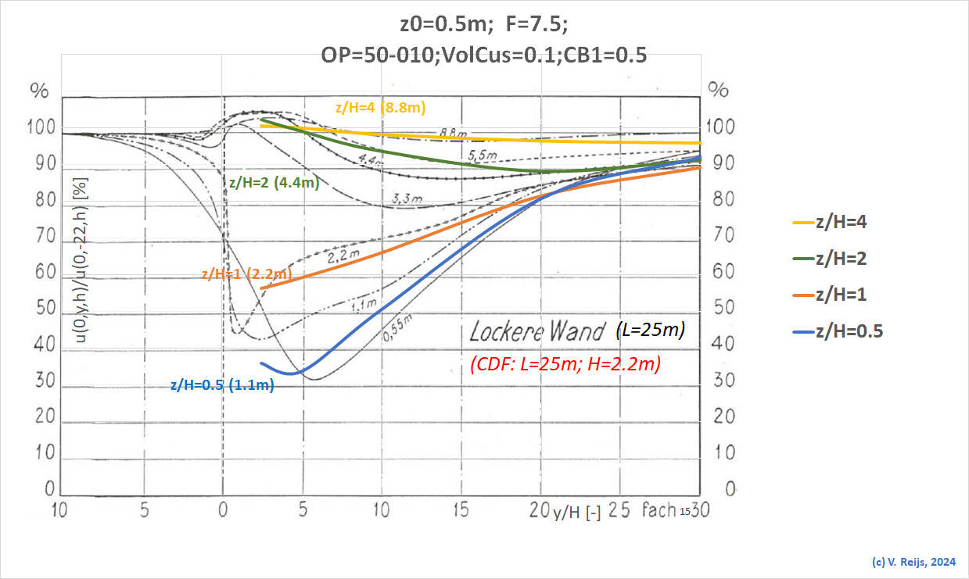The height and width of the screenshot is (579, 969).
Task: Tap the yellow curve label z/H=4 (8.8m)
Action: pos(380,108)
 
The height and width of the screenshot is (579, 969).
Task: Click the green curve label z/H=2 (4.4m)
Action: pos(273,184)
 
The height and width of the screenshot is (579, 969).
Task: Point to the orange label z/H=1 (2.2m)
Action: pos(246,274)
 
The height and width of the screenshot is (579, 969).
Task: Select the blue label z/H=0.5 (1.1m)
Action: pos(222,384)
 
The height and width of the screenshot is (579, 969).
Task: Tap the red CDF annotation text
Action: pos(565,363)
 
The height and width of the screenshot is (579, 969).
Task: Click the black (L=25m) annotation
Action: pos(651,331)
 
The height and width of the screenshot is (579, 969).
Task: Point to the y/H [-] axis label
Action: pos(576,513)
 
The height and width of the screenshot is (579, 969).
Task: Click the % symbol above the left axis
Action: pos(39,90)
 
